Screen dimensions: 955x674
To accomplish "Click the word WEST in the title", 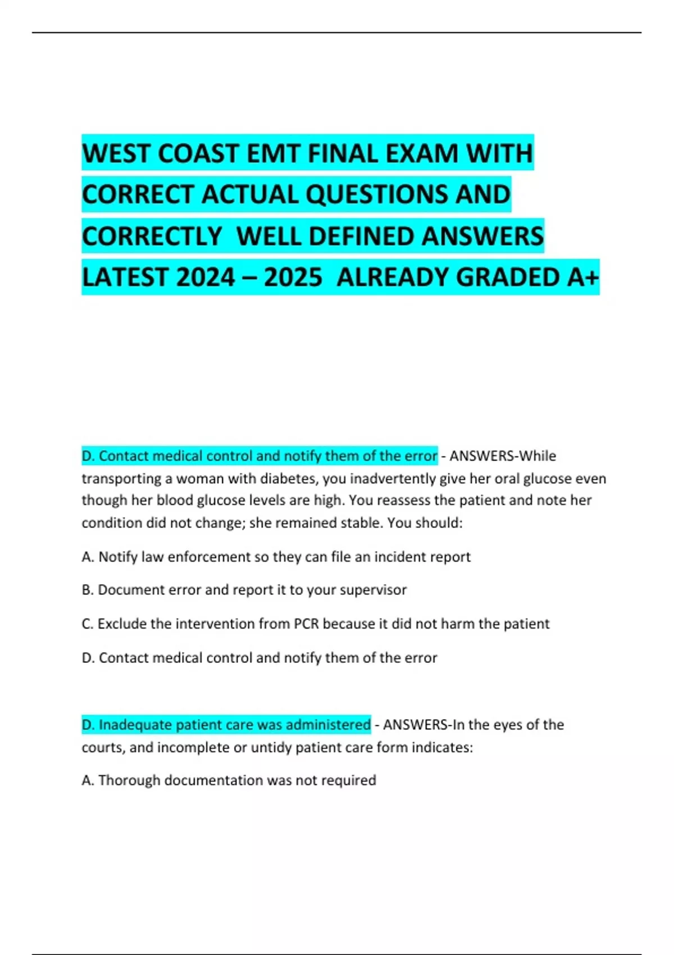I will pyautogui.click(x=116, y=153).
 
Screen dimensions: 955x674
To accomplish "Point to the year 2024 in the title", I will pyautogui.click(x=205, y=277).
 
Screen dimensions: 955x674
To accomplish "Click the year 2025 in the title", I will pyautogui.click(x=293, y=277).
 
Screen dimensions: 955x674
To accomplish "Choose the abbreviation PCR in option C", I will pyautogui.click(x=306, y=624).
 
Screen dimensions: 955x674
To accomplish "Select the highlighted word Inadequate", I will pyautogui.click(x=135, y=725).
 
